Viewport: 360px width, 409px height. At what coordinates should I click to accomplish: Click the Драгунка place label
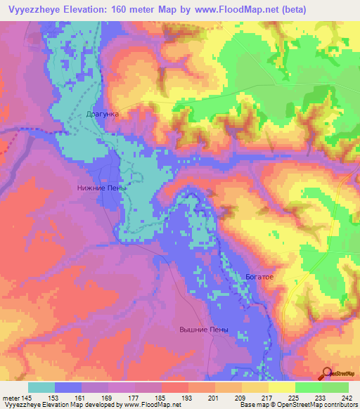[103, 112]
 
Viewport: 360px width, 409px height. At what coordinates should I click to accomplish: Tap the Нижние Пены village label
[102, 188]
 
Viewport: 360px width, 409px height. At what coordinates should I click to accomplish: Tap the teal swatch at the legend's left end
[41, 387]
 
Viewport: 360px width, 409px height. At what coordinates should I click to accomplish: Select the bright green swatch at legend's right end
[335, 387]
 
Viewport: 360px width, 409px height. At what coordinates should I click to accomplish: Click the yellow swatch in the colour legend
[282, 387]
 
